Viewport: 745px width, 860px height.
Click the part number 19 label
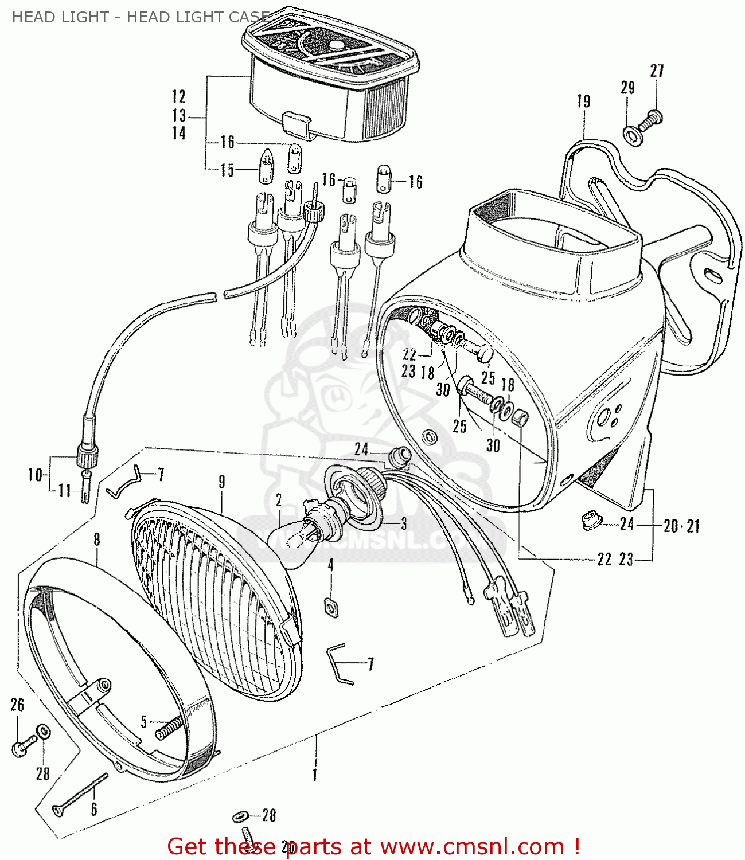[x=583, y=101]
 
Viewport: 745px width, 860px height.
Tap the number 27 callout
[x=657, y=71]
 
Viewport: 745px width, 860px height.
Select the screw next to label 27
[x=654, y=118]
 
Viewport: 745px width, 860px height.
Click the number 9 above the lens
[x=221, y=482]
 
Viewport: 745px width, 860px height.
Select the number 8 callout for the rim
[x=96, y=539]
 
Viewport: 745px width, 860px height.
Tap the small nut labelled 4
[x=330, y=606]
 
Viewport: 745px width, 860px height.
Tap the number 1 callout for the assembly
[x=314, y=775]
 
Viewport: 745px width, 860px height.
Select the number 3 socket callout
[x=403, y=523]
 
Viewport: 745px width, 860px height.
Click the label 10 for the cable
[x=35, y=475]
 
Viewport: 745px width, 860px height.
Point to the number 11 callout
[x=64, y=491]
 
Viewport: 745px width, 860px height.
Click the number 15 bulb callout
[x=227, y=170]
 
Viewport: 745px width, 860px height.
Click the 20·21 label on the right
[x=681, y=526]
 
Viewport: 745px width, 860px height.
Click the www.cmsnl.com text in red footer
[x=472, y=846]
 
